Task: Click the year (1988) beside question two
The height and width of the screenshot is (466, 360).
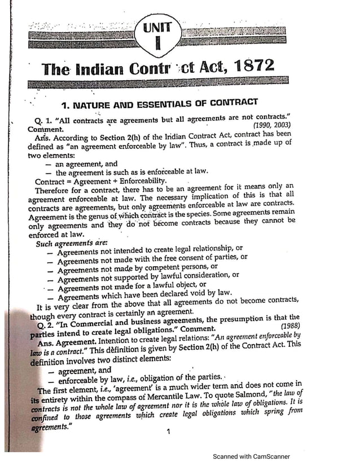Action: tap(289, 326)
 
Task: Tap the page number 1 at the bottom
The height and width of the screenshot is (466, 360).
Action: tap(168, 432)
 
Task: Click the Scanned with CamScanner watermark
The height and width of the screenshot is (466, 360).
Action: tap(251, 456)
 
